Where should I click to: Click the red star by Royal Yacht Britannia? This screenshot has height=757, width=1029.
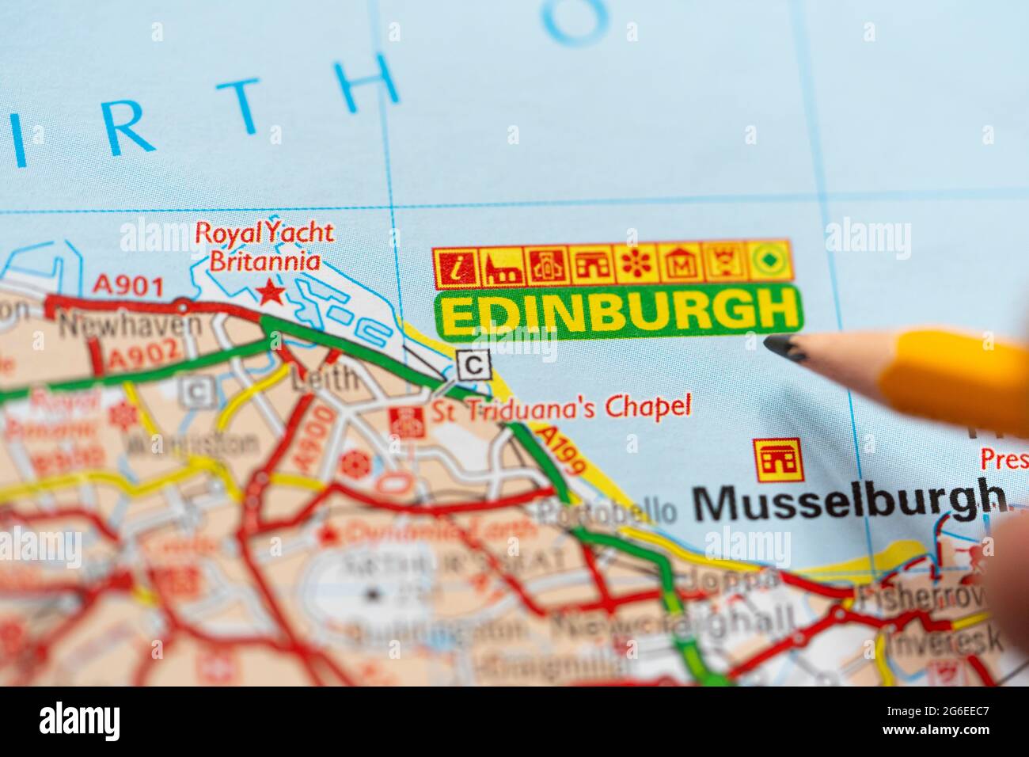(x=271, y=293)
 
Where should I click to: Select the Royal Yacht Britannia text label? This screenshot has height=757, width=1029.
(x=264, y=246)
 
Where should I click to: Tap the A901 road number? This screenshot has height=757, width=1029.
(x=127, y=284)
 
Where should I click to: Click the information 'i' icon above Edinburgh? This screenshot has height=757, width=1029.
(x=457, y=266)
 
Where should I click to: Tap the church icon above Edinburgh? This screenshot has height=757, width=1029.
(x=503, y=266)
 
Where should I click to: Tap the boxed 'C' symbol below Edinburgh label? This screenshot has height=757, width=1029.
(x=473, y=365)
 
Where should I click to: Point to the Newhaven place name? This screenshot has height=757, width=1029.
(x=131, y=324)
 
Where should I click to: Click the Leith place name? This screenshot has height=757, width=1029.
(x=324, y=379)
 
